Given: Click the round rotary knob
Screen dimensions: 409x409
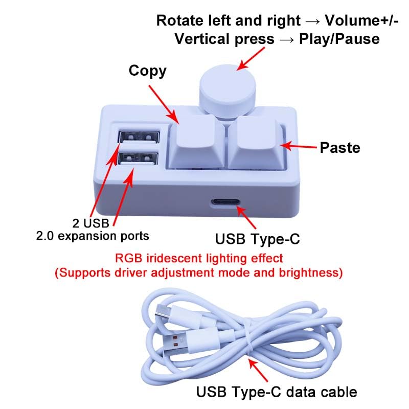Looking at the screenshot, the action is click(228, 91).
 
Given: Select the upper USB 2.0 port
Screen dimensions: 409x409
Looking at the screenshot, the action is click(139, 137).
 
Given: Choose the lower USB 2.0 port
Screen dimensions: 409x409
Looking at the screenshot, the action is click(138, 158).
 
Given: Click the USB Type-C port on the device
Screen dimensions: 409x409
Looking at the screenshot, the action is click(225, 202).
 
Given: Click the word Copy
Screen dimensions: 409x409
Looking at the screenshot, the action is click(147, 71).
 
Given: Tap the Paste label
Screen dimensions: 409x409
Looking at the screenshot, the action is click(340, 148).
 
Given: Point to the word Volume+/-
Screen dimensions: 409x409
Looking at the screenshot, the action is click(361, 20).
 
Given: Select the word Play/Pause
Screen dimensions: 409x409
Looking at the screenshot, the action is click(339, 39).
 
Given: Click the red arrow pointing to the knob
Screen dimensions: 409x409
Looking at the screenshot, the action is click(251, 58).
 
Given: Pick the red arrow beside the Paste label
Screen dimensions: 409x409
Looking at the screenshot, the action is click(299, 146).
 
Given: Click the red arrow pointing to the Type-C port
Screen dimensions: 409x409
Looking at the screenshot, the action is click(246, 217).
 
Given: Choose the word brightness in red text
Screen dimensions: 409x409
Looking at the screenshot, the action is click(311, 273).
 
